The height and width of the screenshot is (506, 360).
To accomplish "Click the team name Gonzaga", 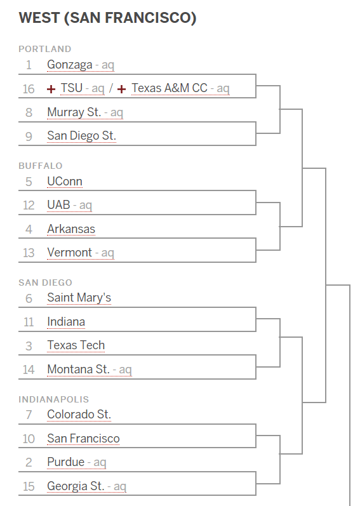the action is (70, 65).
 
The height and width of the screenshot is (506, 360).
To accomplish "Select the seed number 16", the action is (29, 89).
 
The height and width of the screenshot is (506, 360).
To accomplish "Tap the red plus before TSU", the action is (51, 89).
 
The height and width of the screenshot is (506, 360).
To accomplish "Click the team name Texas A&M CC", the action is (170, 88).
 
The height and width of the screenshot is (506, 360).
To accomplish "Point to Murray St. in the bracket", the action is (74, 112).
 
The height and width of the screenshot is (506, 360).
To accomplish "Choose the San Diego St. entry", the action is (81, 136).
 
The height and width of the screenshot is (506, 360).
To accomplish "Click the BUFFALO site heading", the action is (41, 166).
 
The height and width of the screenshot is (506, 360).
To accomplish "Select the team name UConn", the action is (65, 182).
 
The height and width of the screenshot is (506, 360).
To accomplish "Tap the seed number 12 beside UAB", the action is (29, 205).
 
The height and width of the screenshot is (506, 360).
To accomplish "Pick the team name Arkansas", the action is (71, 229).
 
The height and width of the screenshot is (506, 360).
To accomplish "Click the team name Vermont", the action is (69, 252).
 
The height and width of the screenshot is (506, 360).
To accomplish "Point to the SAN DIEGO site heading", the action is (46, 283).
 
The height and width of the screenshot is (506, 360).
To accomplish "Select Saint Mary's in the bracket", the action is (79, 298).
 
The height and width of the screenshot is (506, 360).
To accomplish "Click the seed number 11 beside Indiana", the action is (29, 322).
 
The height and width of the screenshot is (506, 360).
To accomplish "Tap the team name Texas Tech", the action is (76, 345).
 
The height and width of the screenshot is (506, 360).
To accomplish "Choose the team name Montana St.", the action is (78, 369).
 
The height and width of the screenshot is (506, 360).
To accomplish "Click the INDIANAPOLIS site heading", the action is (53, 399).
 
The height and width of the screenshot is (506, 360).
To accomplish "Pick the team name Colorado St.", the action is (79, 415).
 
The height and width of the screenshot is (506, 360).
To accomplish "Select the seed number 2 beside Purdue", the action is (29, 462).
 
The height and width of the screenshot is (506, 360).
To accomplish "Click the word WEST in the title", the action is (39, 18).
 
